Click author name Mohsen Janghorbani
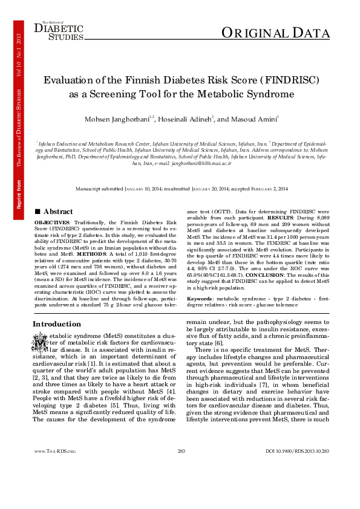[121, 119]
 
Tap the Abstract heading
[58, 212]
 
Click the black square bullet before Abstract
[38, 212]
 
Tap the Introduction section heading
[57, 324]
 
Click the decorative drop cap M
[40, 342]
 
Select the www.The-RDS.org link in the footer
[55, 485]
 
